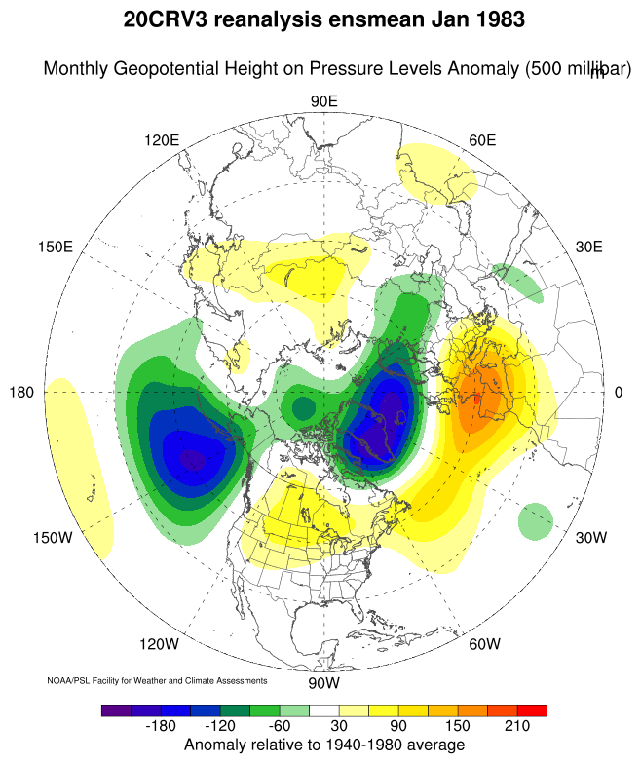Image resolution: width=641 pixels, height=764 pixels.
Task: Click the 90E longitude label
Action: (x=323, y=101)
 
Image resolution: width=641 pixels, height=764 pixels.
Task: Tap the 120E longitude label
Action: (x=162, y=140)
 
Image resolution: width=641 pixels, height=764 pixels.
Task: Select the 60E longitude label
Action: (x=483, y=140)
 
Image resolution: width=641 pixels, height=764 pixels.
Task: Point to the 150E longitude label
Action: (x=56, y=247)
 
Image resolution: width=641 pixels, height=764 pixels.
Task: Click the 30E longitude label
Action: (x=589, y=247)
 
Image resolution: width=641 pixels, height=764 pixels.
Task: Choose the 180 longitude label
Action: (x=22, y=392)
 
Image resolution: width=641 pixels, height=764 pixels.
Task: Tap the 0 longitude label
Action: (x=619, y=392)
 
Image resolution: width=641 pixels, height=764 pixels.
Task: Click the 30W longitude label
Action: (x=590, y=537)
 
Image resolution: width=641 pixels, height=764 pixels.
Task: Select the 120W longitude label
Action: (x=159, y=644)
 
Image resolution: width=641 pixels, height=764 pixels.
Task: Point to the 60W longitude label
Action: (x=484, y=644)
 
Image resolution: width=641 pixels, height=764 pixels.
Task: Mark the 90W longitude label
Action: (x=323, y=682)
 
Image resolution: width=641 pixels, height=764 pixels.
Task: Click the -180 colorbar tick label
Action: (x=164, y=728)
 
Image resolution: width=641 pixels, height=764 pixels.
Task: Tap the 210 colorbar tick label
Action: (x=515, y=728)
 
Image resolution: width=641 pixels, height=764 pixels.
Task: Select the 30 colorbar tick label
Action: (x=340, y=728)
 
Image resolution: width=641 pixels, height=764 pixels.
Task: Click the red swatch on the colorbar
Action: (x=533, y=710)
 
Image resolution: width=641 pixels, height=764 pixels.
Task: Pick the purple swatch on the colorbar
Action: (x=115, y=710)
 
